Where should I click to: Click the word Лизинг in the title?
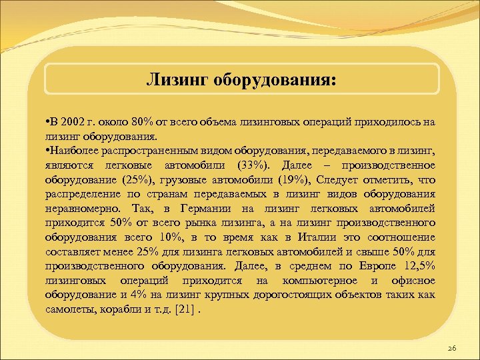(177, 80)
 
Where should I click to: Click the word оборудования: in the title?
(275, 80)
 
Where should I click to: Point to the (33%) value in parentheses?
(247, 165)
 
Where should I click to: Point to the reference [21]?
(187, 309)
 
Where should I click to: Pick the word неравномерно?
(78, 208)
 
